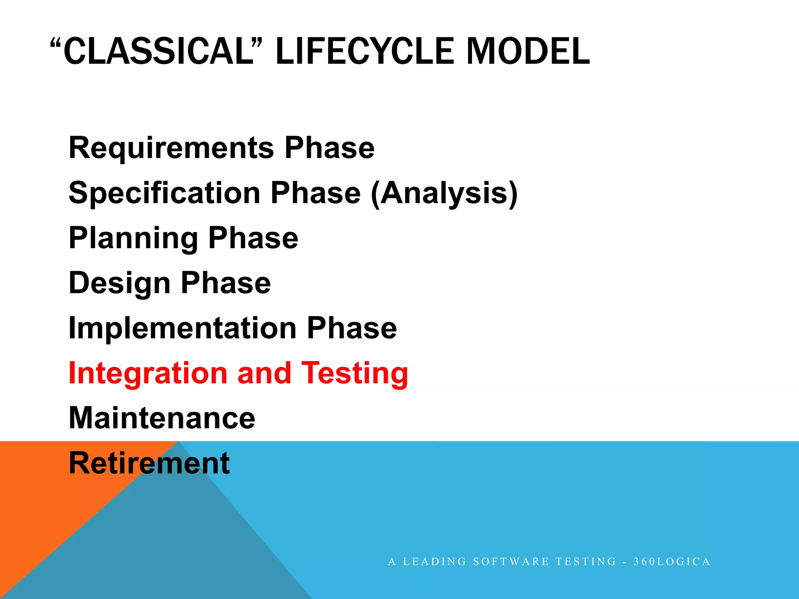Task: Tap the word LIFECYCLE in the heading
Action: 365,51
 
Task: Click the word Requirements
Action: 171,148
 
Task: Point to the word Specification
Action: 164,193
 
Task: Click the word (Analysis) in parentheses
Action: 444,193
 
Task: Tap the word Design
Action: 119,283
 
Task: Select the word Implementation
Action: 182,328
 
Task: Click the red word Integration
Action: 147,373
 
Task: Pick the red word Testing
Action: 355,373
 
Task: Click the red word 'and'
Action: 264,373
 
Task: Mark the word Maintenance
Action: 162,418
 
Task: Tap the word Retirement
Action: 149,463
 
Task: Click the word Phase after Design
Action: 226,283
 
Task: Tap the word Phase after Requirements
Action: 330,148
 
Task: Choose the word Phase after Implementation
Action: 352,328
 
